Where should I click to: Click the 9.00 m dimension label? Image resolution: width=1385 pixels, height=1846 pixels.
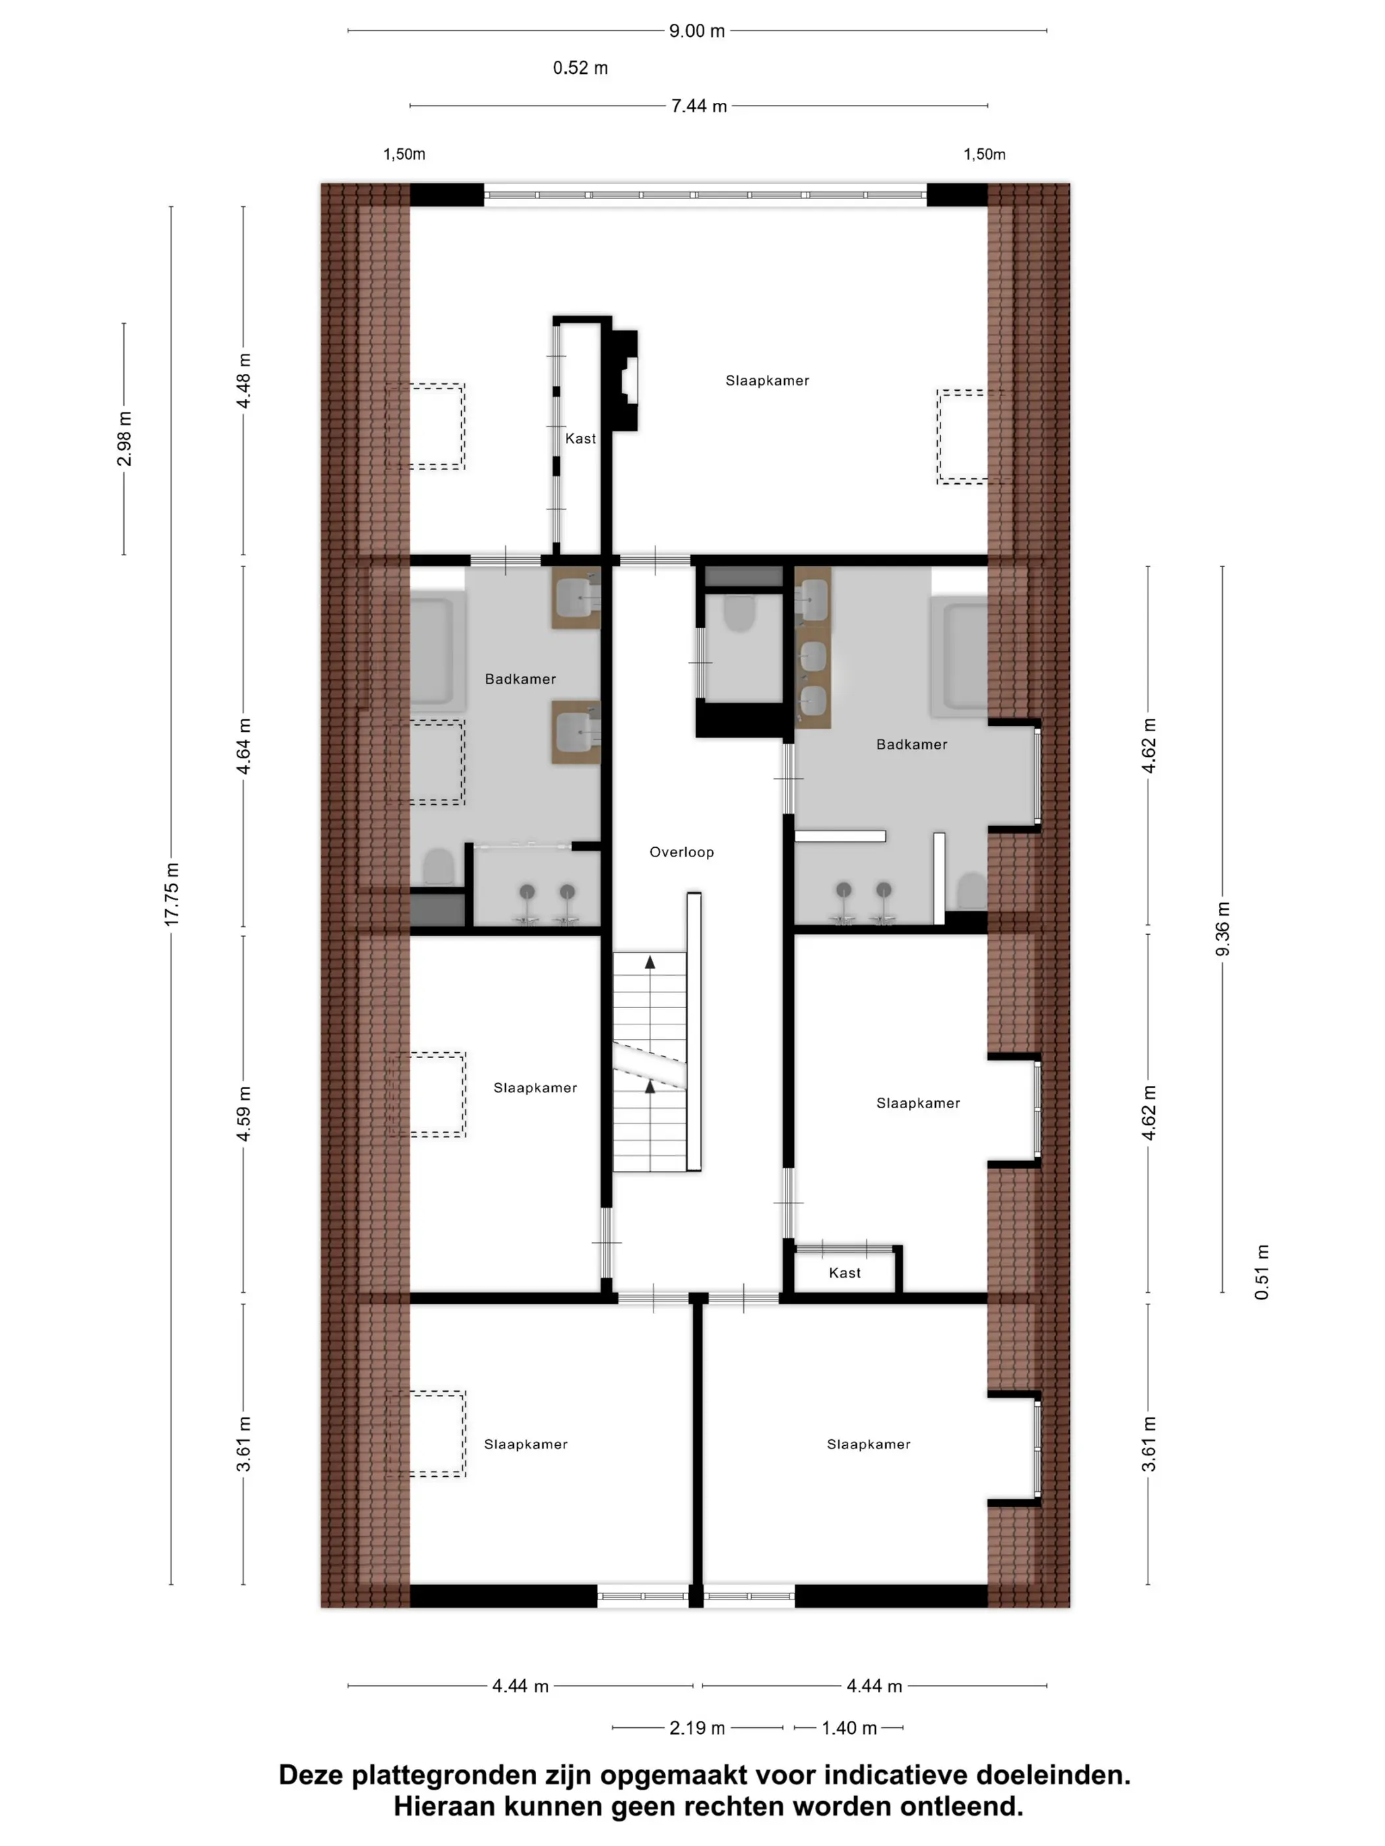pos(696,31)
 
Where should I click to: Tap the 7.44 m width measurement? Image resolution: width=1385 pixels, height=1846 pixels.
pos(698,106)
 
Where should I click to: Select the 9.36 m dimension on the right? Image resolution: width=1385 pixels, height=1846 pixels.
pos(1222,929)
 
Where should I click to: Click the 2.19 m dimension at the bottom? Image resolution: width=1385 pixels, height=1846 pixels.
pos(697,1727)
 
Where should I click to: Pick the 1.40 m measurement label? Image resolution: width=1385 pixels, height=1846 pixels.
pos(849,1727)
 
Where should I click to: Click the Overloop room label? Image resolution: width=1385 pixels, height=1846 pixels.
pos(681,852)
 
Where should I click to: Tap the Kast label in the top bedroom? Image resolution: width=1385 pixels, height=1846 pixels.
pos(580,439)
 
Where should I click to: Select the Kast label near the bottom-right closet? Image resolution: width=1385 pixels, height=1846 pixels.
pos(845,1272)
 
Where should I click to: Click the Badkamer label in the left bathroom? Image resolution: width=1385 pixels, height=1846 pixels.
pos(520,679)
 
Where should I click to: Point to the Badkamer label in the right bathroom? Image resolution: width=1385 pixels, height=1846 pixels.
pos(911,744)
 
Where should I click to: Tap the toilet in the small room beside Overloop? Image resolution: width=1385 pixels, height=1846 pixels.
pos(739,613)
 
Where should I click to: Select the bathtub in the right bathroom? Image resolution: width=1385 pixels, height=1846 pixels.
pos(960,655)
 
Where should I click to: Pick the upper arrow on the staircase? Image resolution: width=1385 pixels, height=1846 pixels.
pos(650,962)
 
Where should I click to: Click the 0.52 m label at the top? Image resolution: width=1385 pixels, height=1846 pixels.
pos(580,69)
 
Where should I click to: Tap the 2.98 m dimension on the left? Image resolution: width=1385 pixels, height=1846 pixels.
pos(125,439)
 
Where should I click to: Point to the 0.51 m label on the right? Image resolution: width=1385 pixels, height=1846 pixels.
pos(1262,1272)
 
